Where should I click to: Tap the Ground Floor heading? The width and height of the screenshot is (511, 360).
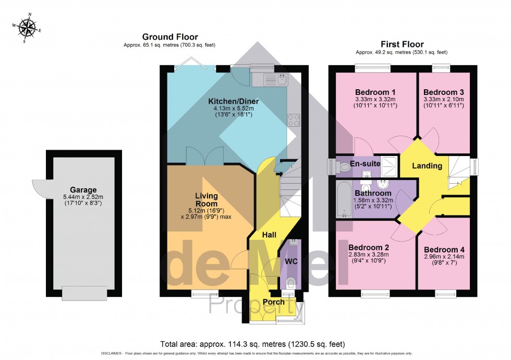tap(170, 37)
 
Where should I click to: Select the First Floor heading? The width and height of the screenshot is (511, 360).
tap(401, 44)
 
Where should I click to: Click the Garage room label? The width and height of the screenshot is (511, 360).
tap(83, 189)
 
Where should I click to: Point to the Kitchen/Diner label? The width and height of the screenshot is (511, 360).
tap(226, 101)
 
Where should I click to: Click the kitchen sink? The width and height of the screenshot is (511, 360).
tap(275, 79)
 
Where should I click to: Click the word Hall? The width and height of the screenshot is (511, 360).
tap(269, 235)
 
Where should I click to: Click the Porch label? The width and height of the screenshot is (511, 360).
tap(273, 302)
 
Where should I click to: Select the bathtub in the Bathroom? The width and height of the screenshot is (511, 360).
tap(343, 200)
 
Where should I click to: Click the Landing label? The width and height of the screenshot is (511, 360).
tap(427, 166)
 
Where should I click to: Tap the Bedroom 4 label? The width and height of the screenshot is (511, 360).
tap(444, 249)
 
